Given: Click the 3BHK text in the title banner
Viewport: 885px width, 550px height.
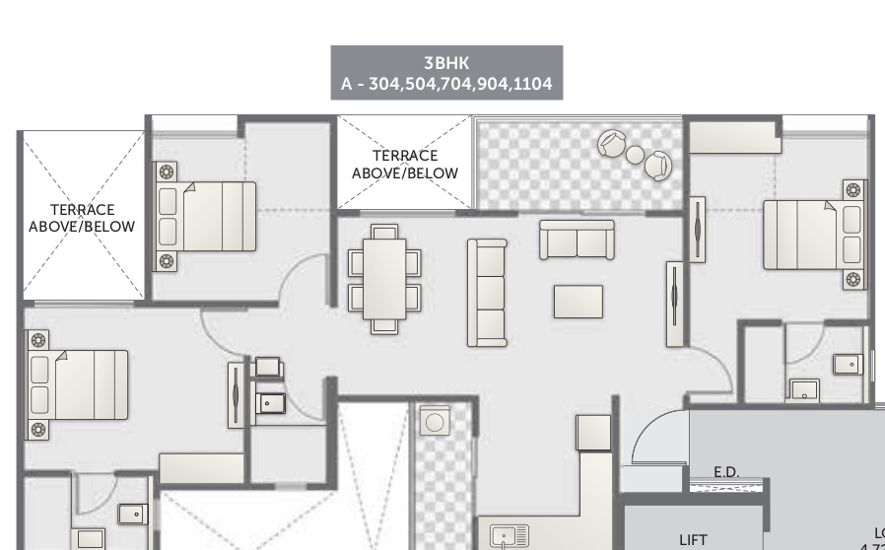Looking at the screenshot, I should (446, 62).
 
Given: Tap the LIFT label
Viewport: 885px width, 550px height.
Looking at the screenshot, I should (693, 539).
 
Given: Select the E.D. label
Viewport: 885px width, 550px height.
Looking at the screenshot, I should (726, 473).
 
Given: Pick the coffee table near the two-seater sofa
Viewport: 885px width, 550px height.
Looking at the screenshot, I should (578, 302).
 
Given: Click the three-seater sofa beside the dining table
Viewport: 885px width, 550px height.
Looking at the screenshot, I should (487, 293).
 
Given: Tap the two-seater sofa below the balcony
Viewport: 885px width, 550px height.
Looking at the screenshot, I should (577, 240).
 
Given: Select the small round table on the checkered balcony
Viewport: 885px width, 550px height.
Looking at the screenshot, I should (636, 155).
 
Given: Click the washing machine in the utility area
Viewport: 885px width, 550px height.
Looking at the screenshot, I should (434, 423).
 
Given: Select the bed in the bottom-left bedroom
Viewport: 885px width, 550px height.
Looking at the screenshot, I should (85, 383).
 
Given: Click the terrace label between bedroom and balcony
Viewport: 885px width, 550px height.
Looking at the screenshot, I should (405, 165).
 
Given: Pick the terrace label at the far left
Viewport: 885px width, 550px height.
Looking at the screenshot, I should (82, 218).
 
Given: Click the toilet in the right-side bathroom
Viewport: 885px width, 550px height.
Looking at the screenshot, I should (848, 365).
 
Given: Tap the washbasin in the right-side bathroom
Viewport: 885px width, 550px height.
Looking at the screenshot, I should (804, 390).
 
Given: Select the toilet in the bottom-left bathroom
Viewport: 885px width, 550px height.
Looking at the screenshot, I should (131, 514).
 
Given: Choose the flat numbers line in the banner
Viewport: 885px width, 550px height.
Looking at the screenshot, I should (446, 84).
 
